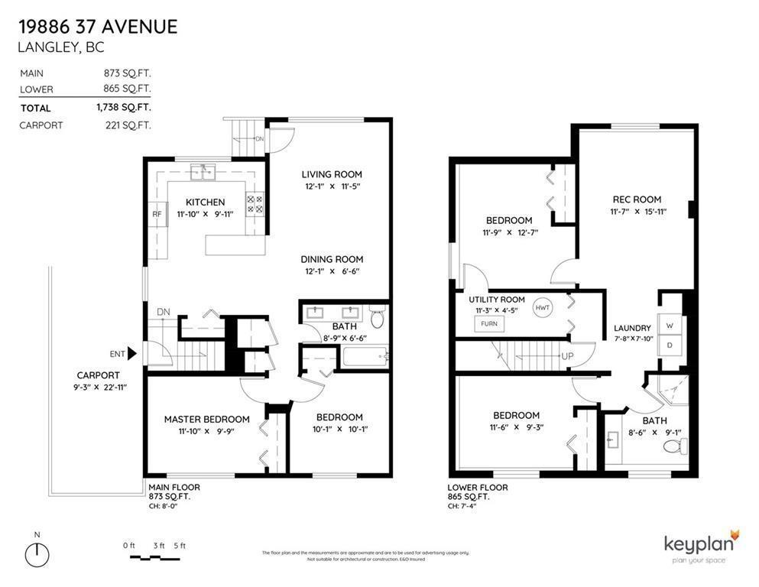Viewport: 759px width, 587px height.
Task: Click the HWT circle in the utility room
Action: click(543, 307)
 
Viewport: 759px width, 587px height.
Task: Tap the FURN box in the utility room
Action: click(489, 323)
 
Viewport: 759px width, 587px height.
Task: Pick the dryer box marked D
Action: click(670, 345)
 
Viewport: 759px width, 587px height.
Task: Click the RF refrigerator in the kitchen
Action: click(156, 214)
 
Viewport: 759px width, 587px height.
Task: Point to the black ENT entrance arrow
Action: click(131, 353)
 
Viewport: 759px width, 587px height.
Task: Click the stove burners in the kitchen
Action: click(255, 204)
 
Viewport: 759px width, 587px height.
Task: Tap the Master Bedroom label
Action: click(206, 419)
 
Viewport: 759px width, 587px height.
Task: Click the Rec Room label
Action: click(636, 199)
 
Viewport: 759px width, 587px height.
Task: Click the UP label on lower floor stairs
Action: click(568, 356)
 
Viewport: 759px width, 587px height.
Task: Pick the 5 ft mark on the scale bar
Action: click(180, 545)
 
